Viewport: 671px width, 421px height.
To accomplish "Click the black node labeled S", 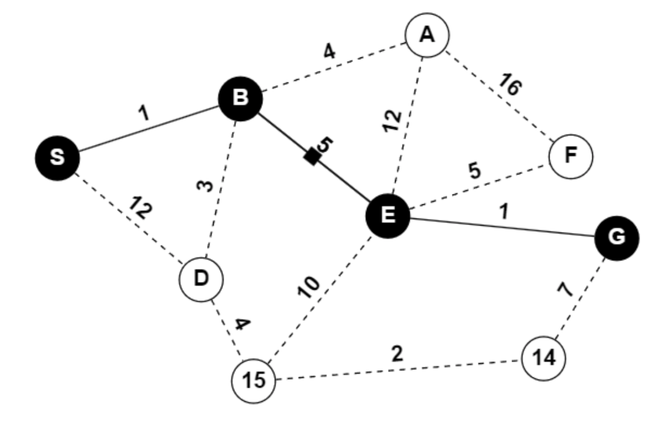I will click(57, 157).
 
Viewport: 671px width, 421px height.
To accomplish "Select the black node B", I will click(241, 98).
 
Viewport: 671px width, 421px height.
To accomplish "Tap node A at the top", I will click(427, 35).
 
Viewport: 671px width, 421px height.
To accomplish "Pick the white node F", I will click(570, 156).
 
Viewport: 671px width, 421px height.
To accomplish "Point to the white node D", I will click(201, 278).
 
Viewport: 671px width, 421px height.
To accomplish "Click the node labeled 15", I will click(254, 380).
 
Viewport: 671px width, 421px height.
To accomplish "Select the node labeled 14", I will click(544, 358).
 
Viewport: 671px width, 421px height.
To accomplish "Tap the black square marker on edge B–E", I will click(312, 157).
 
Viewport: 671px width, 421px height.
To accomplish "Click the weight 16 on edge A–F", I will click(509, 84).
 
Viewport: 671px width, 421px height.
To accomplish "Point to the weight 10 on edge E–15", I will click(308, 288).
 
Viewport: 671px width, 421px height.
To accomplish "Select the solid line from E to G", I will click(503, 227).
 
